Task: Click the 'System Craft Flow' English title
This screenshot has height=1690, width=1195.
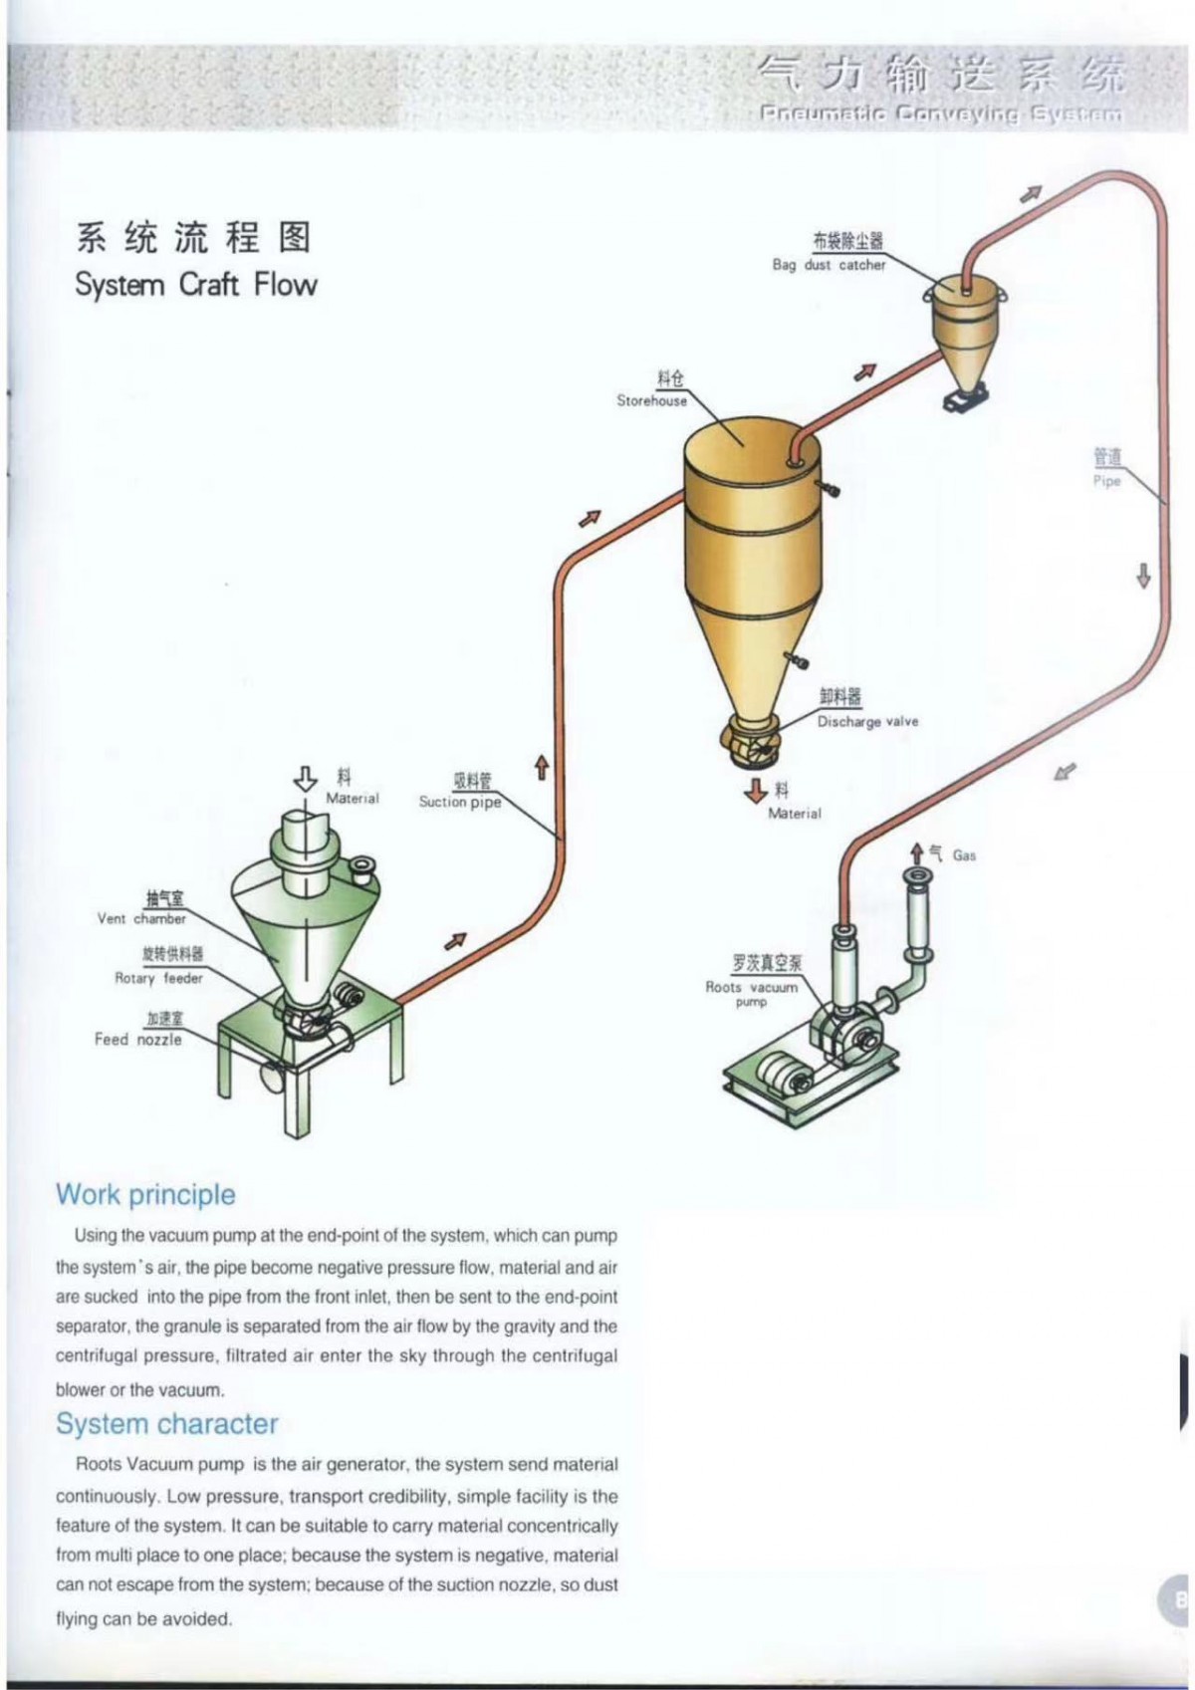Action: point(195,285)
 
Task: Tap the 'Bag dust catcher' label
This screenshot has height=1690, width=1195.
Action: point(829,265)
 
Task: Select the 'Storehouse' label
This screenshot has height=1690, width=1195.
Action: point(651,400)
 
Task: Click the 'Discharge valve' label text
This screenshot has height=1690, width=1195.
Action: point(867,721)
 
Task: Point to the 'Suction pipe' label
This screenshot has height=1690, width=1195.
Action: point(459,802)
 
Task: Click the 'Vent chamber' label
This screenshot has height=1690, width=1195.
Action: point(141,918)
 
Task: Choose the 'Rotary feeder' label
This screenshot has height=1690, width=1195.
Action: point(158,978)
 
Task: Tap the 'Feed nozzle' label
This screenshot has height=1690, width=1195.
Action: point(137,1039)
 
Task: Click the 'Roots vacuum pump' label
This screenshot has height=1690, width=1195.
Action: point(752,988)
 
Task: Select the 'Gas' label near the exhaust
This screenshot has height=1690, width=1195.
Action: point(964,855)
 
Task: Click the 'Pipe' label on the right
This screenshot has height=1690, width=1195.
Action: point(1106,480)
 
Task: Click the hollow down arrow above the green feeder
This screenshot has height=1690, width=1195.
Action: point(307,779)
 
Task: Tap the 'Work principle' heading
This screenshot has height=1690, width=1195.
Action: point(145,1194)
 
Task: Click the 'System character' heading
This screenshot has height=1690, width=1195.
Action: point(166,1423)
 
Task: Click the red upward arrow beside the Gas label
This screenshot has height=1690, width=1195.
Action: point(917,853)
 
